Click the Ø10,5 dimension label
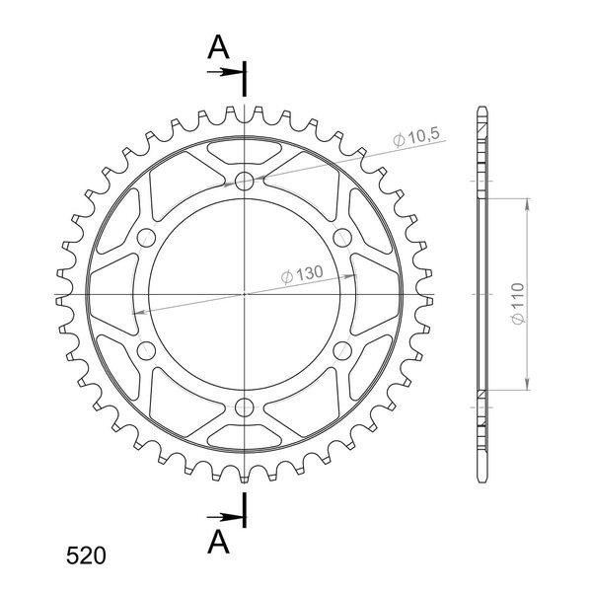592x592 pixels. (x=416, y=137)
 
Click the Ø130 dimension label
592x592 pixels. (x=303, y=274)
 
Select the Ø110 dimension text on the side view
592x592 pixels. (x=518, y=303)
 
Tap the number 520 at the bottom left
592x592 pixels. (x=86, y=555)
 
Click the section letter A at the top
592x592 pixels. (x=218, y=47)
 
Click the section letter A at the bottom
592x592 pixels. (x=218, y=542)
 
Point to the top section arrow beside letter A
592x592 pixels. (x=225, y=72)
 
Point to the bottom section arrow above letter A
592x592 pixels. (x=225, y=516)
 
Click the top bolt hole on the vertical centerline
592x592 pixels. (x=245, y=181)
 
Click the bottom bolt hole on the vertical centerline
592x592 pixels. (x=245, y=407)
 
